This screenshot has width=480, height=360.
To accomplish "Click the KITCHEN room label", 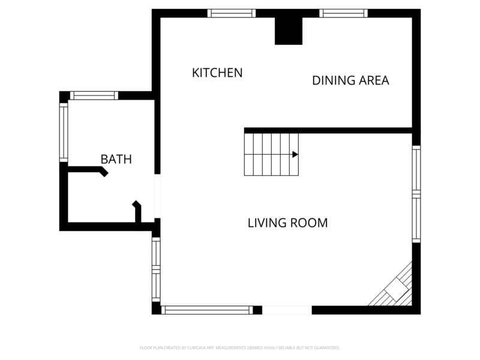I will pos(217,73).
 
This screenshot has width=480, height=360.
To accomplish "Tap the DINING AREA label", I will pos(350,80).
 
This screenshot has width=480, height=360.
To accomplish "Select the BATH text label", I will pos(116,160).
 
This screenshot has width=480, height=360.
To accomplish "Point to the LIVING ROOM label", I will pos(287,223).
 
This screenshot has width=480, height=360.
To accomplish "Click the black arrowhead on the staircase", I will pos(295,154).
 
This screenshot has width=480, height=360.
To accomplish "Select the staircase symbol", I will pos(271,154).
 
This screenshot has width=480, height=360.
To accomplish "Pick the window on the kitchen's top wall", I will pos(232,13).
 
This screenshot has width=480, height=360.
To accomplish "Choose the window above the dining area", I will pos(343,13).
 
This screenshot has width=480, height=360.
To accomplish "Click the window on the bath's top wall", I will pos(94,95).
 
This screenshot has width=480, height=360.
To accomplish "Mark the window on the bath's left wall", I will pos(63,132).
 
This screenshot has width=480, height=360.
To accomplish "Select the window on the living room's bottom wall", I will pos(207,310).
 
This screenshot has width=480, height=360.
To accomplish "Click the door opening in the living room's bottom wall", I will pos(287,310).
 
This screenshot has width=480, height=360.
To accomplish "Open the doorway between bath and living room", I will pos(157,196).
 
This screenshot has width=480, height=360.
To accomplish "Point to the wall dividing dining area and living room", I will pos(328,130).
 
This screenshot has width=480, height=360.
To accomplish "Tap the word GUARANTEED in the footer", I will pos(326,348).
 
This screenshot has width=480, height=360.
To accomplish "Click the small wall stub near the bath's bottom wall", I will pos(137,214).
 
